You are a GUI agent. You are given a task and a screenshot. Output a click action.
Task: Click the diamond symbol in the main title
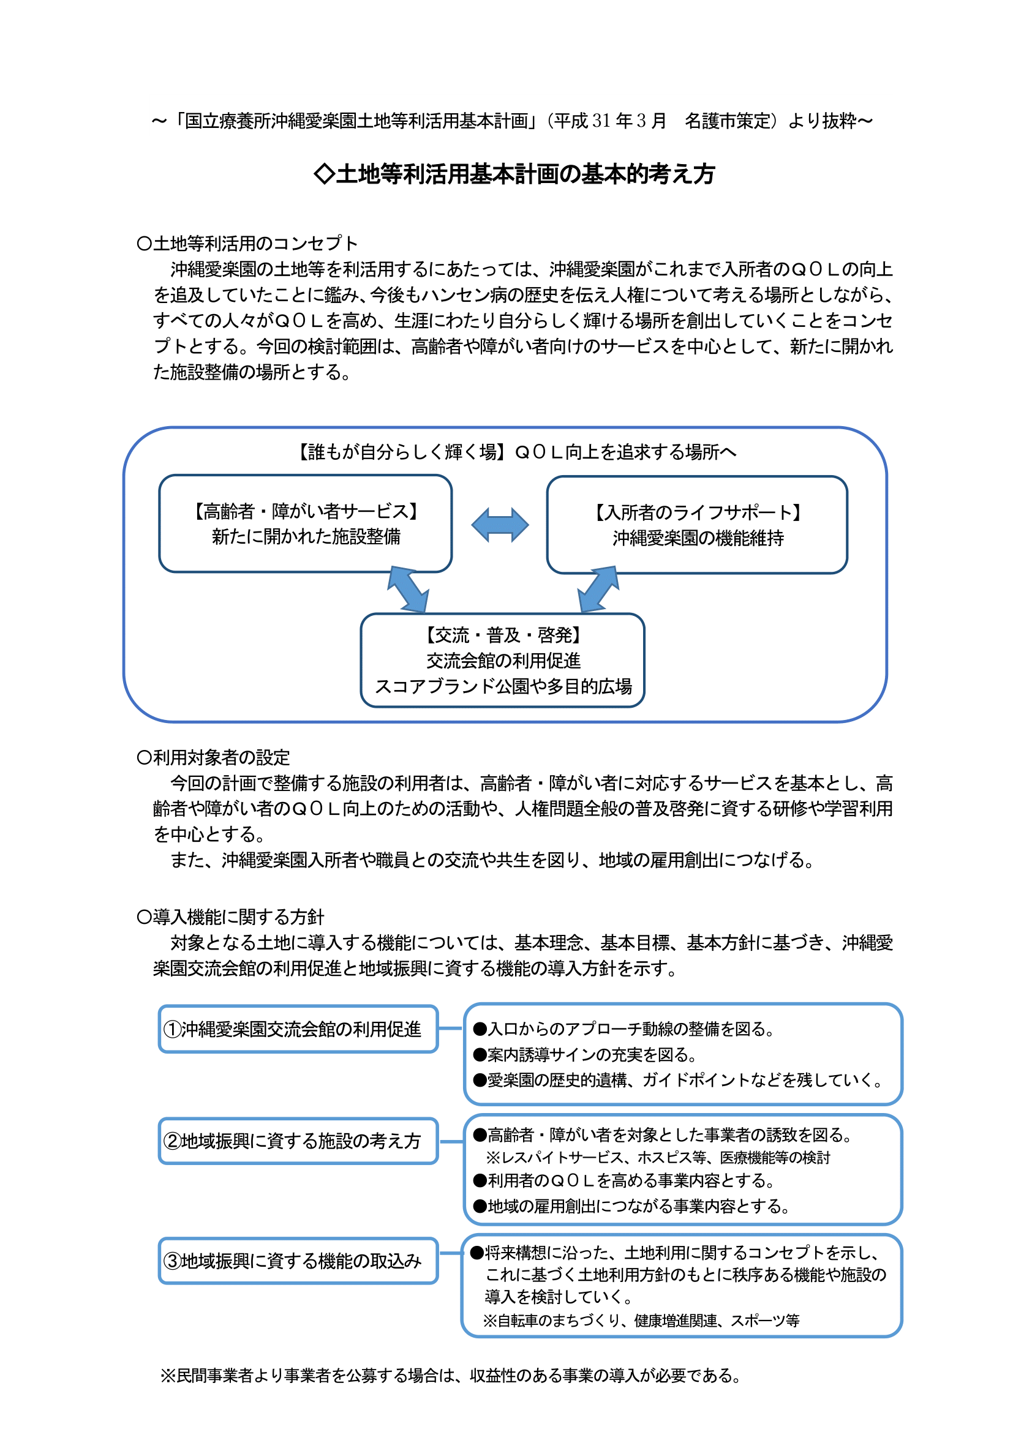(x=325, y=174)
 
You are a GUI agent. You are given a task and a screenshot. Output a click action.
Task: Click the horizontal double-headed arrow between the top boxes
(x=500, y=525)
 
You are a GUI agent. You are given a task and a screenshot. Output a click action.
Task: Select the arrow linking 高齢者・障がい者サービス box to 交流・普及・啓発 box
(x=408, y=590)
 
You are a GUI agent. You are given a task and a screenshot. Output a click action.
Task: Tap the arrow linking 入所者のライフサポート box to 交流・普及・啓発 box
(x=599, y=590)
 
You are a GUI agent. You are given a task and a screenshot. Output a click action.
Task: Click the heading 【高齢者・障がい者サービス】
(x=306, y=511)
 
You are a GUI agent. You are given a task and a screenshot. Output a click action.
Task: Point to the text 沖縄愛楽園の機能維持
(x=698, y=538)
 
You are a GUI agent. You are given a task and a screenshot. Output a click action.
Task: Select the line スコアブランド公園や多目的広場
(x=503, y=687)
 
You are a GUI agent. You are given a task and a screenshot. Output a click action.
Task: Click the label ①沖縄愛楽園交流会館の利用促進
(x=293, y=1029)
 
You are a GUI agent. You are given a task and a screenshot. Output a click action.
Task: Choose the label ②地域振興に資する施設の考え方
(x=293, y=1141)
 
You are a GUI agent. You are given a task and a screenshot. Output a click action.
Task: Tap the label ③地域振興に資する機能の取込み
(x=293, y=1261)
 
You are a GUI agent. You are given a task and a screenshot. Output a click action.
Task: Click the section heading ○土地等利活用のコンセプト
(x=247, y=243)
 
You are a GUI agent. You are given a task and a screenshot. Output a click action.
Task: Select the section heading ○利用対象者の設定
(x=213, y=758)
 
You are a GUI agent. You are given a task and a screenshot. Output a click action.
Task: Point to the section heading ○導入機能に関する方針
(x=230, y=917)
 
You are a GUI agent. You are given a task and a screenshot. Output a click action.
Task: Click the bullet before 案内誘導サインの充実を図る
(x=480, y=1055)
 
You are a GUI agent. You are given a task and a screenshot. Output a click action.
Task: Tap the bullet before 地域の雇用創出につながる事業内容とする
(x=480, y=1206)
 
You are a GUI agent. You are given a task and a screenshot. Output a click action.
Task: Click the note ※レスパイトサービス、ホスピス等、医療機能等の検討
(x=658, y=1158)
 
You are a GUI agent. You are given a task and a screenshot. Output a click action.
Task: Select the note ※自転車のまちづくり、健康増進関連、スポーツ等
(x=641, y=1321)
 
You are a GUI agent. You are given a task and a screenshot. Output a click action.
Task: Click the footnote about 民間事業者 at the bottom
(x=450, y=1375)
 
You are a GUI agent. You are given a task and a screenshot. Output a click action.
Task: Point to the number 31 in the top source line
(x=601, y=121)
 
